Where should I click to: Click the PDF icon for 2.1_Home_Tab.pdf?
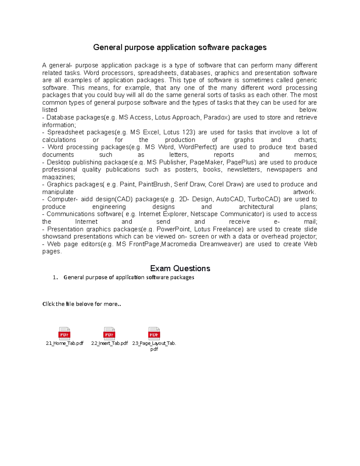(x=64, y=333)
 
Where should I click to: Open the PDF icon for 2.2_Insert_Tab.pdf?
(x=109, y=333)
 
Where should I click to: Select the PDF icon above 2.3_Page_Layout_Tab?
(x=154, y=333)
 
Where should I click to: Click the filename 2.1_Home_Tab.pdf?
(x=64, y=343)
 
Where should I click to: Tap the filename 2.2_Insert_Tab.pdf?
(x=109, y=343)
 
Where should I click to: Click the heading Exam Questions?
(x=180, y=268)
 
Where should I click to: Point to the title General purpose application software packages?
(x=180, y=47)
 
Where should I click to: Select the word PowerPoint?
(x=173, y=229)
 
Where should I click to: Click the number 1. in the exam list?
(x=55, y=278)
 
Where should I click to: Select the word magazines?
(x=58, y=177)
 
